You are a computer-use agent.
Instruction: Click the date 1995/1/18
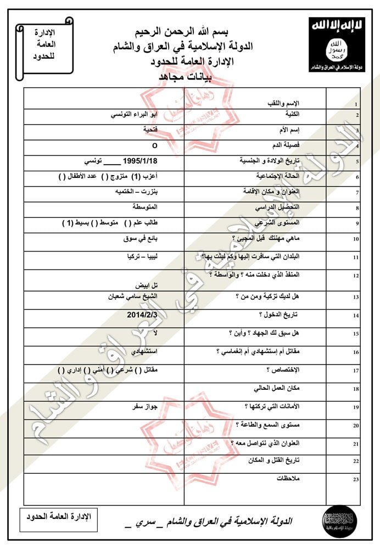[x=141, y=161]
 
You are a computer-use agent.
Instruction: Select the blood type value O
[x=154, y=147]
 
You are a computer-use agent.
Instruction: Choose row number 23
[x=356, y=480]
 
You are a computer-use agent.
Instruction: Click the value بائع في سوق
[x=141, y=239]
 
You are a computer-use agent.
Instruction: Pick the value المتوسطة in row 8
[x=145, y=207]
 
